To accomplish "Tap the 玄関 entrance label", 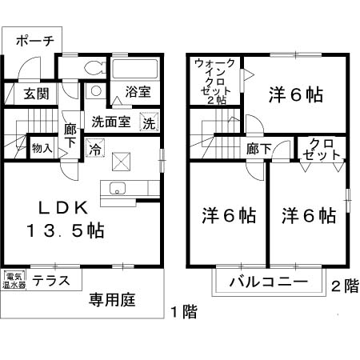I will click(35, 93).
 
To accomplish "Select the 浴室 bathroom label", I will click(138, 92).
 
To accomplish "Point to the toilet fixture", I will click(94, 67).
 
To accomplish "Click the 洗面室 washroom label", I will click(110, 123).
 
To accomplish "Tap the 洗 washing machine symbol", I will click(149, 123).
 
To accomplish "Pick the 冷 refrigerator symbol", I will click(95, 148).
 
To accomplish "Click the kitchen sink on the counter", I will click(117, 190).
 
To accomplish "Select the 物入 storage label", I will click(42, 148).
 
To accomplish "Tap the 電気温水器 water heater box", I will click(14, 280).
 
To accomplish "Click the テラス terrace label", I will click(56, 281).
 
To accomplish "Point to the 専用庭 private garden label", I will click(112, 301).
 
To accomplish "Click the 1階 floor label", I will click(183, 312).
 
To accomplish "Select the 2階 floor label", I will click(345, 285).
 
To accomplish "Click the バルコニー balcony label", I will click(269, 282).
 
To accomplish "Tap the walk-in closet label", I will click(215, 81).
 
